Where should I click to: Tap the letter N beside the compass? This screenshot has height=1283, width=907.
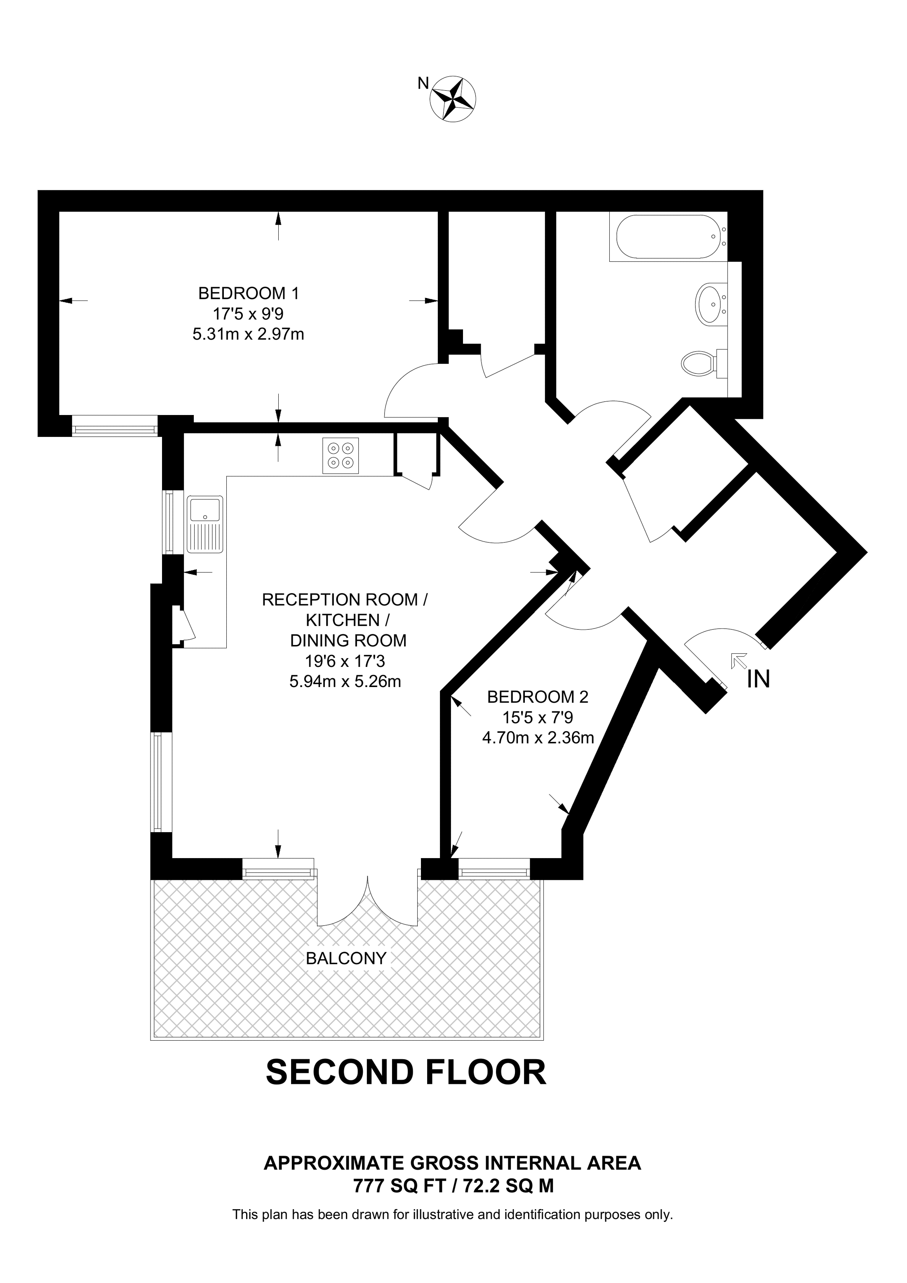click(423, 84)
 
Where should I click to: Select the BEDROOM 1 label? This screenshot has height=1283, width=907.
click(249, 293)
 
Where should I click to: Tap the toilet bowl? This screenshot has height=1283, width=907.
click(698, 363)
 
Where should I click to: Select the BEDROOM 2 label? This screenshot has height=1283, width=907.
click(538, 697)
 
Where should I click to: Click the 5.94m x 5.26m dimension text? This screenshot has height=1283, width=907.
click(345, 682)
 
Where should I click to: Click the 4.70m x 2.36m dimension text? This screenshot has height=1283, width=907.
click(538, 738)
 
